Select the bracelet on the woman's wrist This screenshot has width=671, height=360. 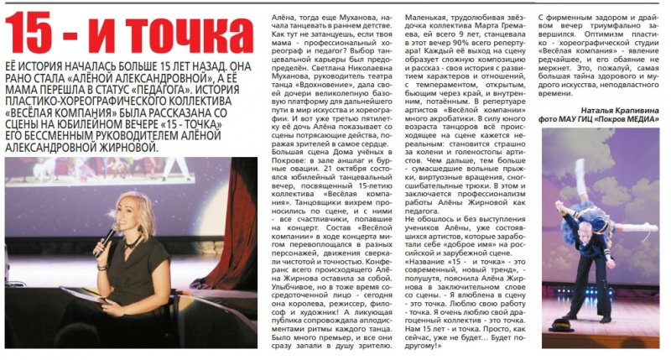pos(101,266)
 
